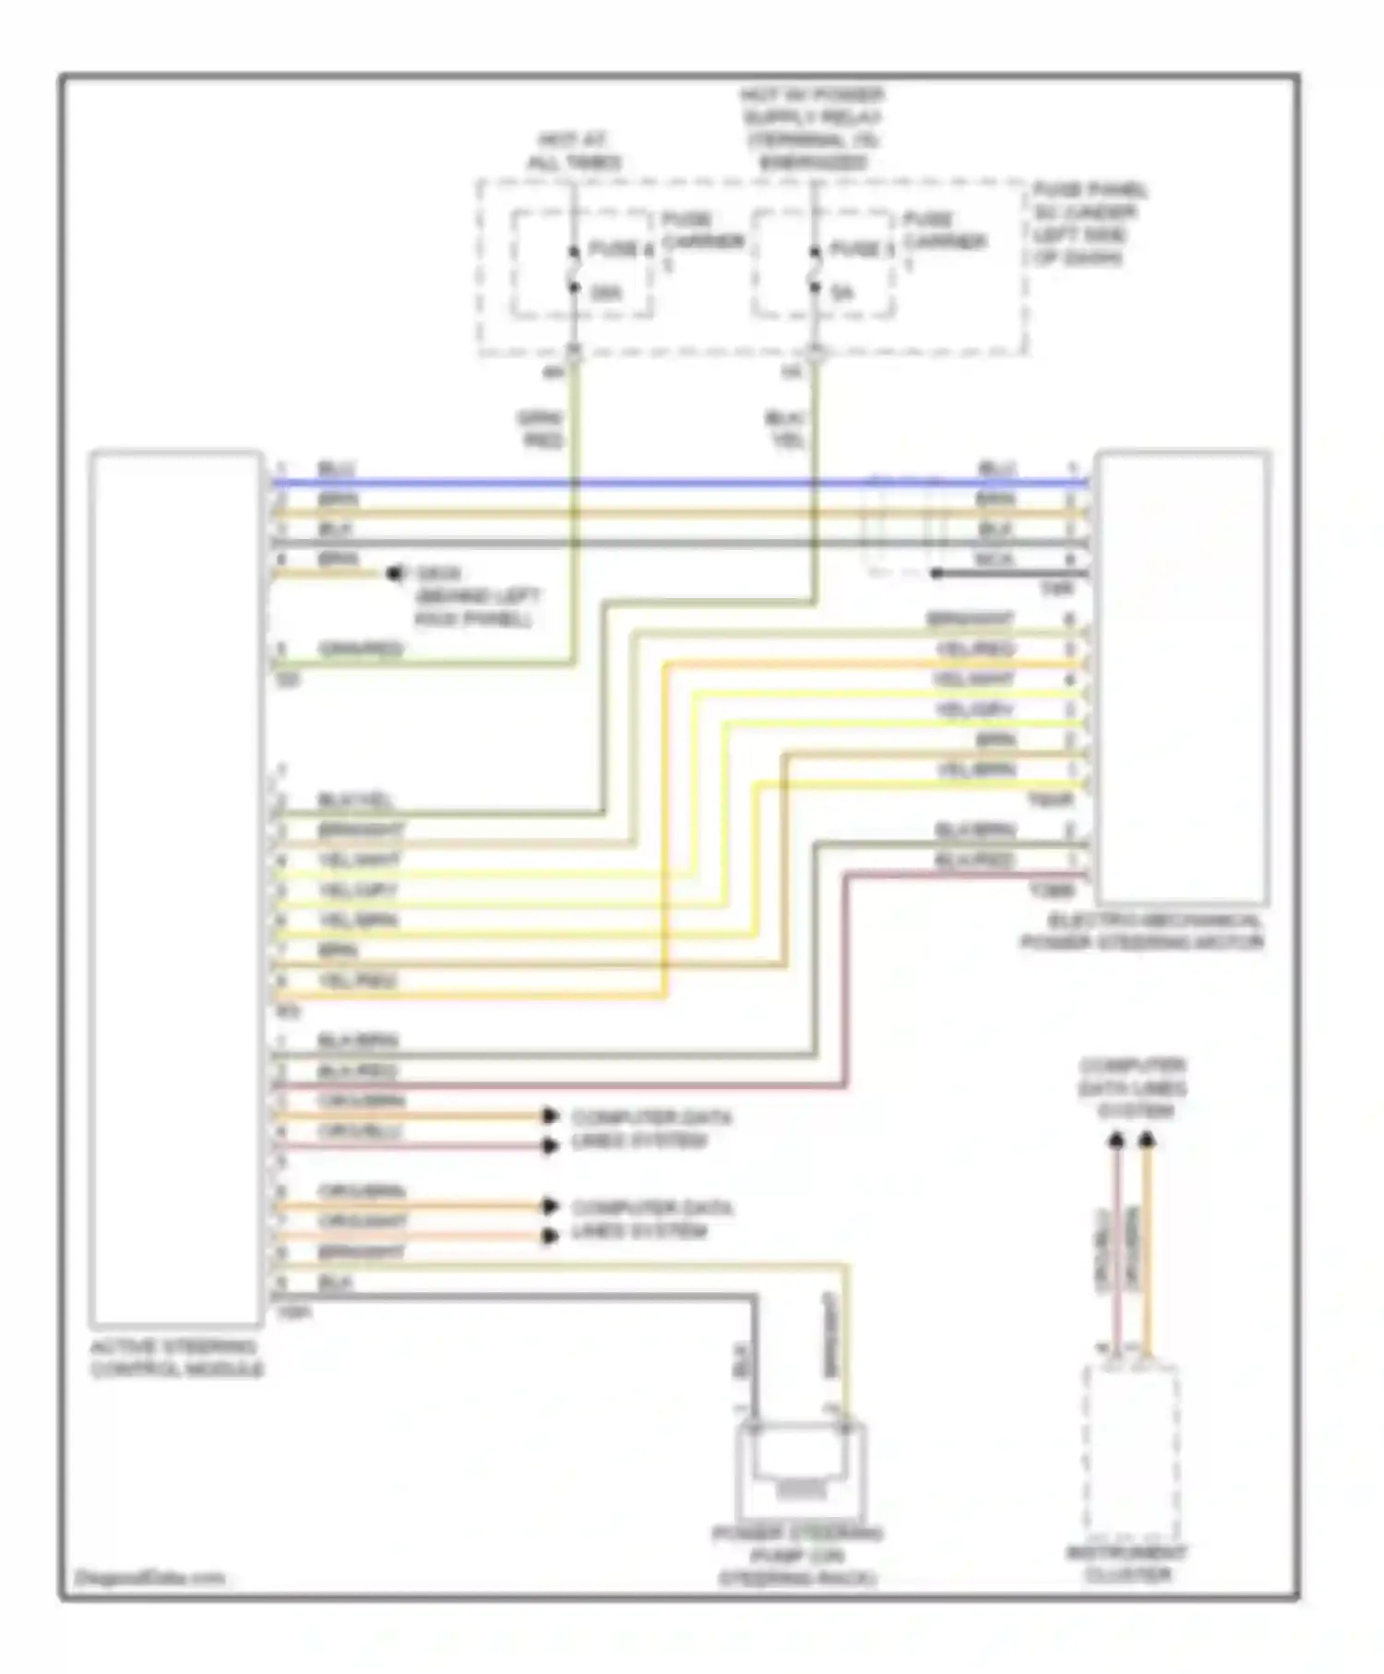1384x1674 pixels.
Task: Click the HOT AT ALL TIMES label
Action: (x=573, y=151)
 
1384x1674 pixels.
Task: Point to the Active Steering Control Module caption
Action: (x=175, y=1357)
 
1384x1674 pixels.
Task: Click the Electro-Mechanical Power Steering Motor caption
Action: (x=1141, y=932)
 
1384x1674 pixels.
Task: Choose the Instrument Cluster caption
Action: (x=1127, y=1564)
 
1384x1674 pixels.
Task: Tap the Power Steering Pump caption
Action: (x=798, y=1556)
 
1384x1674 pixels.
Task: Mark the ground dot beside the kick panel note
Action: (x=395, y=574)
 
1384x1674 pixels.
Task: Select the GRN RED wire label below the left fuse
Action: (x=542, y=430)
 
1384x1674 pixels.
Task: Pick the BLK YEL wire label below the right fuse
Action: (x=786, y=430)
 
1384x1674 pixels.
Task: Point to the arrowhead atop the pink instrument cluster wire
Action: (x=1116, y=1142)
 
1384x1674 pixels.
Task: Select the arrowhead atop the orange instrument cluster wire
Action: (x=1146, y=1142)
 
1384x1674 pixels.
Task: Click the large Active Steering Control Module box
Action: (x=175, y=886)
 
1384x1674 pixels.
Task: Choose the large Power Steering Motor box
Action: (x=1182, y=678)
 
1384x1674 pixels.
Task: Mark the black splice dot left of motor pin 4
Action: (x=936, y=573)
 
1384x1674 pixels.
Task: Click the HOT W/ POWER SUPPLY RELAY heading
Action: (x=812, y=129)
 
